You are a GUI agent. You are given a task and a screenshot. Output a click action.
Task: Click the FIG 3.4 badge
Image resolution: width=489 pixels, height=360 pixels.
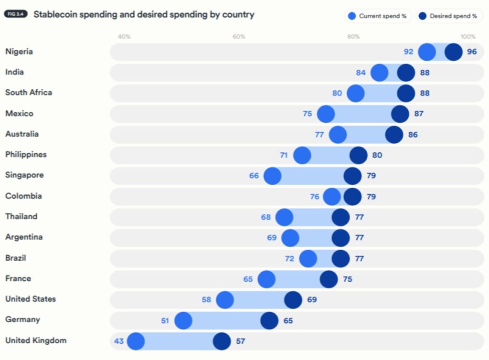point(16,14)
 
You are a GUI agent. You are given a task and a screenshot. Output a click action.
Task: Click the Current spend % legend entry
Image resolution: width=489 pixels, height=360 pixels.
point(377,16)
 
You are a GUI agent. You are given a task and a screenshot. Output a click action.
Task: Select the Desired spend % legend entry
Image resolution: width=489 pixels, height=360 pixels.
point(448,16)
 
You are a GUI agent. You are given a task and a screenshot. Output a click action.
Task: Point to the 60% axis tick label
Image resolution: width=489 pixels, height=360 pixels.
point(239,37)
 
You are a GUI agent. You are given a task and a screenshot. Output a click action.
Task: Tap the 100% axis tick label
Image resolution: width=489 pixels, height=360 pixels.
point(468,37)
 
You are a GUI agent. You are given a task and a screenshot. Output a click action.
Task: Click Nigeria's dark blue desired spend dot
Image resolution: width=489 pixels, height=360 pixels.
point(453,52)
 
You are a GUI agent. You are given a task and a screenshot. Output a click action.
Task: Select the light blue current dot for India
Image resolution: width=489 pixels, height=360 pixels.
point(380,73)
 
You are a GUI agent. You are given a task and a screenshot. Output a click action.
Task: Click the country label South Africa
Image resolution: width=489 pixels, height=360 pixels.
point(29,93)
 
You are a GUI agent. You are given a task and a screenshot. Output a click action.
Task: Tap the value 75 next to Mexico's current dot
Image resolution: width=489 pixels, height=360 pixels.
point(307,114)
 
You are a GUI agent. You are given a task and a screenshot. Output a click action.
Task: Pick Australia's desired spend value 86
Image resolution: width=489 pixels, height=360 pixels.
point(413,135)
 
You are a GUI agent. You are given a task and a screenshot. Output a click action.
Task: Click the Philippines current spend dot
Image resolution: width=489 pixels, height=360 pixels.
point(302,155)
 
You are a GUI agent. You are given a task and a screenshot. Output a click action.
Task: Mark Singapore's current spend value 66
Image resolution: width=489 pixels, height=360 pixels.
point(254,176)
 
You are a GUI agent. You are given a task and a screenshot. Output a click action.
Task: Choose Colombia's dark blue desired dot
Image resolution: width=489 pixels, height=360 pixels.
point(352,197)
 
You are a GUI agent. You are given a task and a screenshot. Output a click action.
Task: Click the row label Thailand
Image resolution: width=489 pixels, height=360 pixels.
point(21,217)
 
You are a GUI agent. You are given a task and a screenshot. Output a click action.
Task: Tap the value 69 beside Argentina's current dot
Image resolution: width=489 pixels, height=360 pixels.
point(272,237)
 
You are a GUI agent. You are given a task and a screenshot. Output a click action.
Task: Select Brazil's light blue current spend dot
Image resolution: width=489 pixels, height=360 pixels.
point(308,258)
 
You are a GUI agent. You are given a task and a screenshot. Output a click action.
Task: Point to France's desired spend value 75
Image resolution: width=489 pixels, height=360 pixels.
point(347,279)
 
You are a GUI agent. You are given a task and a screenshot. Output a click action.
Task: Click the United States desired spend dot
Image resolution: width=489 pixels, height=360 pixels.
point(293,300)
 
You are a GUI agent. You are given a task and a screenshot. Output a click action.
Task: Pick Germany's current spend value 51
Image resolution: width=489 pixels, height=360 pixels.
point(165,320)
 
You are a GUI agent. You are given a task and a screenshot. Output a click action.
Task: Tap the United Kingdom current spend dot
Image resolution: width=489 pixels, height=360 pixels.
point(136,341)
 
